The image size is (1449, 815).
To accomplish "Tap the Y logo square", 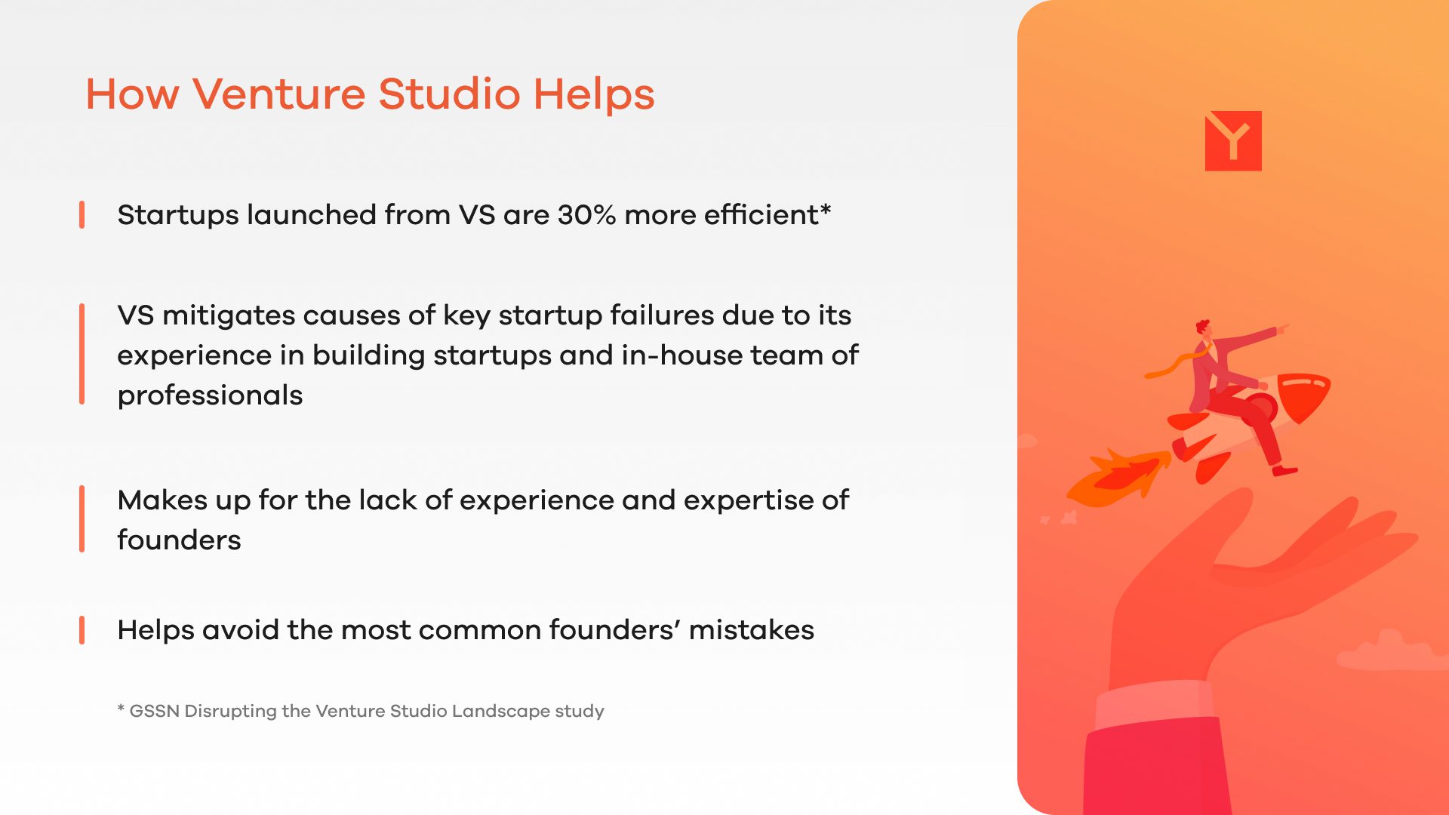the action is pos(1233,140).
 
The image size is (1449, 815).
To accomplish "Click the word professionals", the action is pos(210,395).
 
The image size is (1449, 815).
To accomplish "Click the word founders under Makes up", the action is pos(179,540).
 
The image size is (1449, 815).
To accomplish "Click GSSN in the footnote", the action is pos(155,711).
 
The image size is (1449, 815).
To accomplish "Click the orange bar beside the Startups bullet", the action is pos(82,215).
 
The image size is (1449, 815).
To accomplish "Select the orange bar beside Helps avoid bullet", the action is pos(82,630).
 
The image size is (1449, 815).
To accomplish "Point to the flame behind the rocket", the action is pos(1117,477).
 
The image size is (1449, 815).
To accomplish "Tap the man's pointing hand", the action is pos(1282,328).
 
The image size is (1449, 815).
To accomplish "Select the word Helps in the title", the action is pos(594,94).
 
